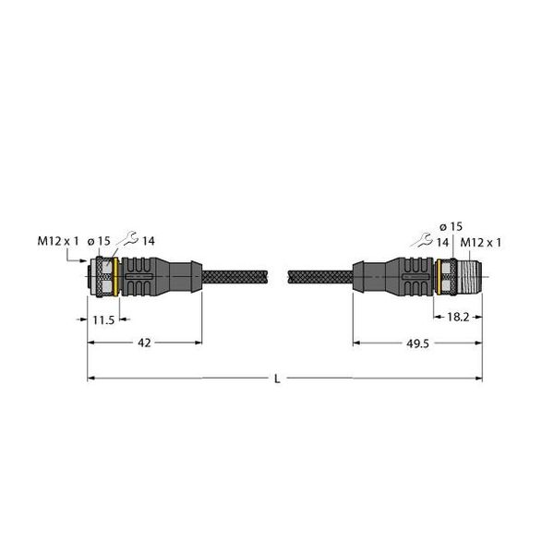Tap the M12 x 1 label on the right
pyautogui.click(x=481, y=242)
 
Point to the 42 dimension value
pyautogui.click(x=144, y=342)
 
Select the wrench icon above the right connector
pyautogui.click(x=426, y=241)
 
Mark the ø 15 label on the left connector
pyautogui.click(x=99, y=242)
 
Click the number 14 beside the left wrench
pyautogui.click(x=148, y=242)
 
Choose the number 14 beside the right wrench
pyautogui.click(x=444, y=242)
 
